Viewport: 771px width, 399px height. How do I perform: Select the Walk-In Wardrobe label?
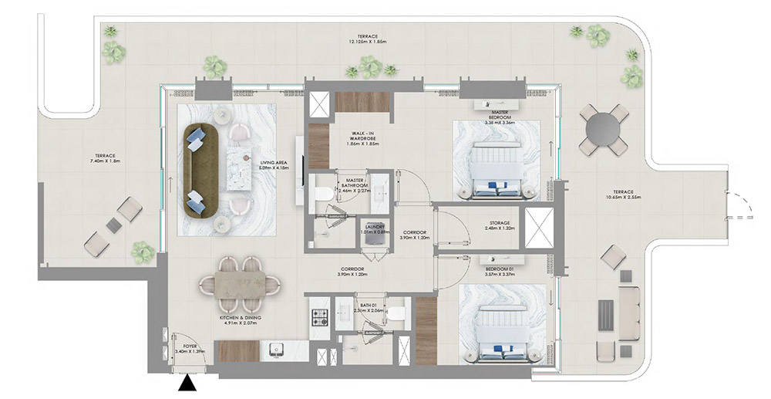click(x=359, y=138)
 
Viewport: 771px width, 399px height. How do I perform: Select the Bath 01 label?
click(x=372, y=308)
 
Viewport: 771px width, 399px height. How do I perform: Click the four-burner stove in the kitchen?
click(x=320, y=316)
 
